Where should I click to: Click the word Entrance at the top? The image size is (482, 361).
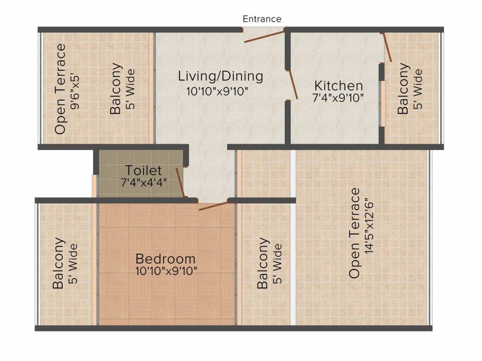262,19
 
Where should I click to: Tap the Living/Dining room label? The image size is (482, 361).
220,76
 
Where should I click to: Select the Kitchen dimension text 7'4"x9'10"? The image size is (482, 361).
338,98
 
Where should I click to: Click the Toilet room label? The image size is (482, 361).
143,171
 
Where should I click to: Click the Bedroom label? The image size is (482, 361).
165,259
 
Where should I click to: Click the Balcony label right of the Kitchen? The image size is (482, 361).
403,89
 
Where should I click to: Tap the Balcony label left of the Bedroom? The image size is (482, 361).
58,264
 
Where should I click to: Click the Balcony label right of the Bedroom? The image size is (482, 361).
263,264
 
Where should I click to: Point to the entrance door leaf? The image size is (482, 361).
265,36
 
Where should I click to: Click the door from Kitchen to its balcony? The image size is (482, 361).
387,47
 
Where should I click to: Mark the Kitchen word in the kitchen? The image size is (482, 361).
338,86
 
